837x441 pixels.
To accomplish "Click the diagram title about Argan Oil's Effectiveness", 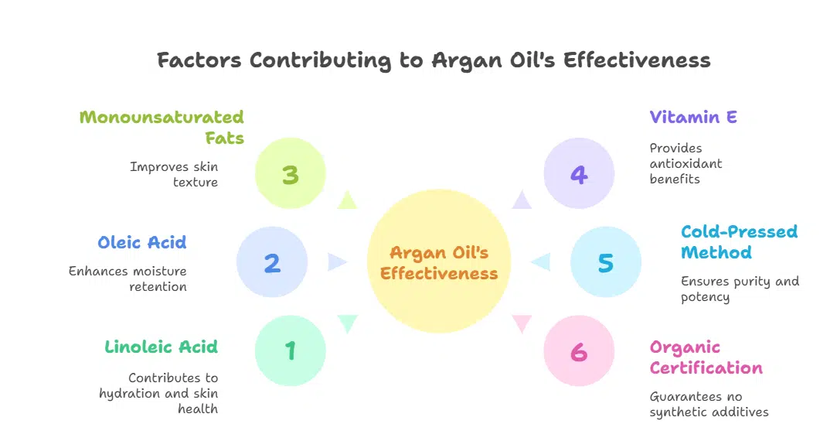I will [x=434, y=60].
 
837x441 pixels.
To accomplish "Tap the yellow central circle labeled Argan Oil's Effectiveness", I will [x=438, y=262].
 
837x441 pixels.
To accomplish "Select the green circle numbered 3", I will [x=290, y=174].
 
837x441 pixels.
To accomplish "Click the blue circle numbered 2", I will [x=272, y=262].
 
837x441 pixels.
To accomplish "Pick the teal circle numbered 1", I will [x=290, y=350].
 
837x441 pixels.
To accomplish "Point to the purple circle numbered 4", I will [x=579, y=174].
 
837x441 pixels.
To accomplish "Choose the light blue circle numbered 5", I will [x=605, y=262].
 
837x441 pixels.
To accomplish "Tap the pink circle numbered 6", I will [x=579, y=350].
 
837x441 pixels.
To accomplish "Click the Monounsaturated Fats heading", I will [x=162, y=128].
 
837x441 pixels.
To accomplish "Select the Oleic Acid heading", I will [x=141, y=242].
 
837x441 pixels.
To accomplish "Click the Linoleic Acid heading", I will [x=161, y=347].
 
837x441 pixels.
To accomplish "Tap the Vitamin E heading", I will [x=693, y=118].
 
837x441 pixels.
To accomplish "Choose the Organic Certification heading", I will [x=706, y=357].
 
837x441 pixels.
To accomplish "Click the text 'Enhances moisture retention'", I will [x=128, y=279].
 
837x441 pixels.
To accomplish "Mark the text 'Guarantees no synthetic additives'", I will [x=709, y=404].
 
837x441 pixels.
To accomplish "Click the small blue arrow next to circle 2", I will [x=336, y=262].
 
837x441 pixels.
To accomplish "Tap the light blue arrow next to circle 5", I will [x=541, y=262].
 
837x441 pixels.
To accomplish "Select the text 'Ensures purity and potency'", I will [x=740, y=289].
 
